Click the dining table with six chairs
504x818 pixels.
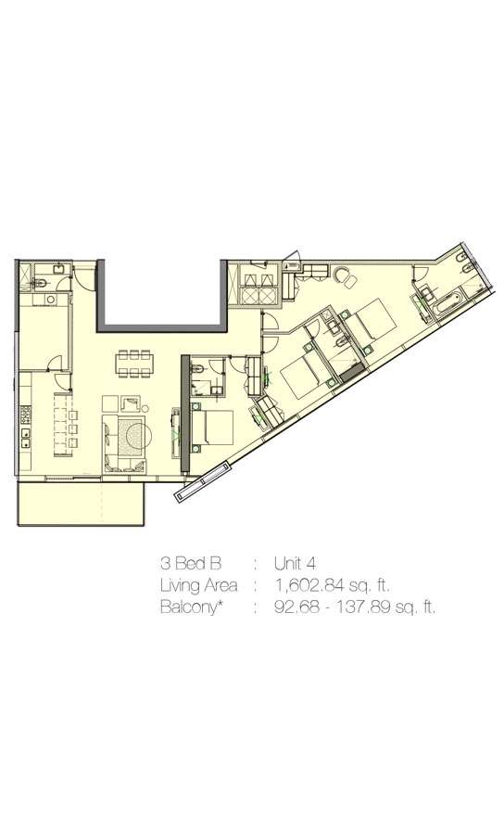tap(135, 364)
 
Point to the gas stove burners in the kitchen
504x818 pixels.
tap(25, 415)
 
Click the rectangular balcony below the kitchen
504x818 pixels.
tap(81, 504)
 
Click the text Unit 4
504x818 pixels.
tap(295, 564)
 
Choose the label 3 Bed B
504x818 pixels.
tap(191, 564)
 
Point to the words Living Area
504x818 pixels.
tap(198, 585)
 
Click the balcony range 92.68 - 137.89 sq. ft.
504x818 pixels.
tap(355, 607)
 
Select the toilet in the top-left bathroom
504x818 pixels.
tap(42, 283)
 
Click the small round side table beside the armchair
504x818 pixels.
tap(145, 408)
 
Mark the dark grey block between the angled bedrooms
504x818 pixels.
tap(352, 370)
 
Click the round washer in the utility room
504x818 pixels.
tap(51, 300)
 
